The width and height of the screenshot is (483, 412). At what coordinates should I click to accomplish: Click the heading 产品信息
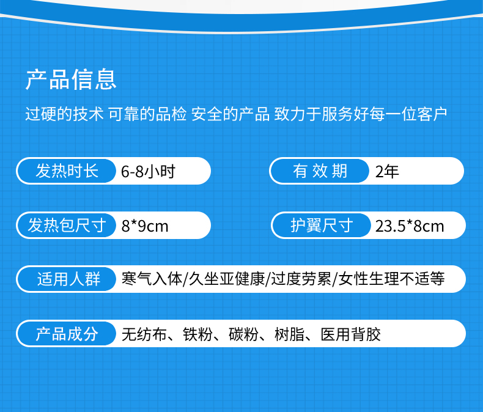tap(71, 79)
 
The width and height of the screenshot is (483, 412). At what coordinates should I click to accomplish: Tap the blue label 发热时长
tap(67, 171)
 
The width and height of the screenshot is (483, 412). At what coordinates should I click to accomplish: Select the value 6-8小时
tap(148, 172)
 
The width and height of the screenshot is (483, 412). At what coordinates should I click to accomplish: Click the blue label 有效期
tap(320, 171)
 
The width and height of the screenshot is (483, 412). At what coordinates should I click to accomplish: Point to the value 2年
tap(387, 172)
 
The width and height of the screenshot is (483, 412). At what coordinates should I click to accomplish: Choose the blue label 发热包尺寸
tap(67, 226)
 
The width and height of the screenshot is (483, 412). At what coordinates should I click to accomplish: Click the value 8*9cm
tap(145, 226)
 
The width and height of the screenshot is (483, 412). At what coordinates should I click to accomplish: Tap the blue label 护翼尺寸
tap(322, 226)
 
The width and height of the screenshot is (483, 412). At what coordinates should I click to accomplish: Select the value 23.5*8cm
tap(410, 226)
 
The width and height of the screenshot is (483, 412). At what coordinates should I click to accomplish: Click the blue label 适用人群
tap(68, 279)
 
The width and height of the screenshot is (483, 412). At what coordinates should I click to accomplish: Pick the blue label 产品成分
tap(67, 334)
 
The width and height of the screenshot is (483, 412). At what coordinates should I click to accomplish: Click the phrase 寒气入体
tap(152, 279)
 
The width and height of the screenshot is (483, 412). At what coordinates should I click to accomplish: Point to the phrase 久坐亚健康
tap(226, 279)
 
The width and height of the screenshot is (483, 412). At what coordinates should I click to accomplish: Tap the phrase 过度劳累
tap(301, 279)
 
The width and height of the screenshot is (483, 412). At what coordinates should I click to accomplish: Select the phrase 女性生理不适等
tap(391, 279)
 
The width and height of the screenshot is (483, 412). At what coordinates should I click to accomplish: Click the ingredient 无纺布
tap(144, 334)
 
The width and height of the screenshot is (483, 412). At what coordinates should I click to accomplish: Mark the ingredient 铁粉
tap(197, 334)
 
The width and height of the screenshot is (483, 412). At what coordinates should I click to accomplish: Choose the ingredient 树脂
tap(289, 334)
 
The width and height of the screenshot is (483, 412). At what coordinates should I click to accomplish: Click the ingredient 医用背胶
tap(350, 334)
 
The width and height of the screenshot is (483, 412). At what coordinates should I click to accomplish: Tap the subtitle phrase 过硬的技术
tap(64, 114)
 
